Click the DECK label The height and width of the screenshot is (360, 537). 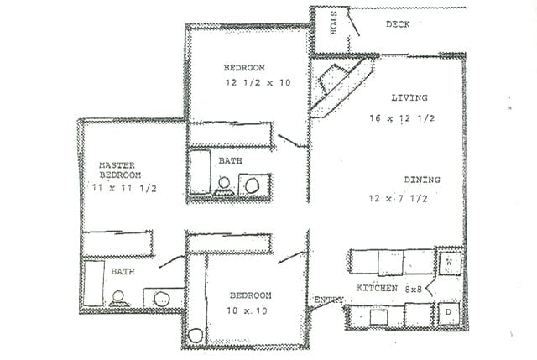(398, 24)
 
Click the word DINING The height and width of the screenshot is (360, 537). (422, 180)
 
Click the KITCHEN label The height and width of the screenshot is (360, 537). (377, 289)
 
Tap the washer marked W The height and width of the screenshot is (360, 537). (448, 262)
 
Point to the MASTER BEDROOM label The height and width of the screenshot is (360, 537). (117, 170)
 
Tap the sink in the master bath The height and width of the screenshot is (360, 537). (159, 299)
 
